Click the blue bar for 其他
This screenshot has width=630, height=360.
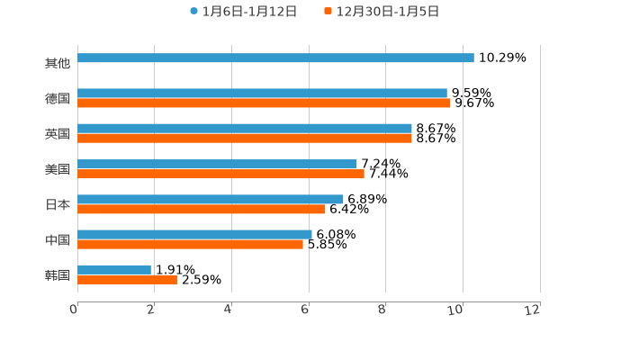[275, 58]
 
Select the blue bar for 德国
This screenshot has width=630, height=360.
[262, 94]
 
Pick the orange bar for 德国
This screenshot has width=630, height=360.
[264, 103]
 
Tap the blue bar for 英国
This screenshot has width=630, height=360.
[245, 129]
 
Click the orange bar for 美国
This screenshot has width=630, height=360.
[220, 174]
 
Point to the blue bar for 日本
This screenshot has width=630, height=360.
[211, 199]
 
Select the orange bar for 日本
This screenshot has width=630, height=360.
[201, 209]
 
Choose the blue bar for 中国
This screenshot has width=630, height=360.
[194, 234]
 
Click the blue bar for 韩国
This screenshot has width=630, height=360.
[114, 269]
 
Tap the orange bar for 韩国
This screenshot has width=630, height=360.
[127, 280]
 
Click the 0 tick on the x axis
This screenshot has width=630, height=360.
[74, 310]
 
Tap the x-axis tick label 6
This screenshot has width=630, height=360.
[305, 310]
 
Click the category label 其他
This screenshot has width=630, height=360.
[58, 64]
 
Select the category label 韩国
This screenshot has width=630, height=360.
[58, 275]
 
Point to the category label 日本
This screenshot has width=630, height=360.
[58, 204]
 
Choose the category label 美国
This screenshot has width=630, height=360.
[58, 169]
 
